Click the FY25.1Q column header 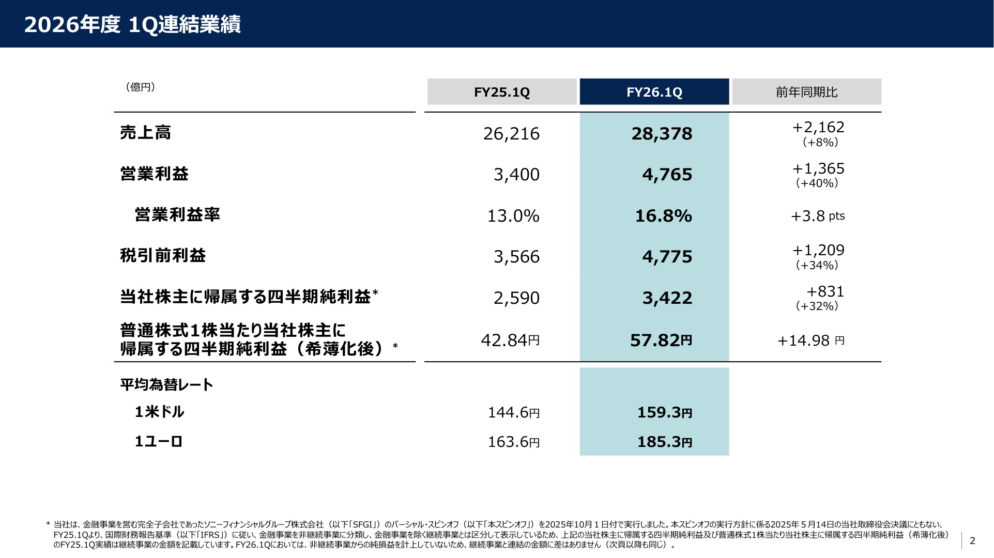pos(502,92)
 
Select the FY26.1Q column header pos(654,92)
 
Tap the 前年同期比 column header pos(806,92)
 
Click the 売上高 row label pos(145,133)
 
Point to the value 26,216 pos(511,134)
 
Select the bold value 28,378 pos(662,134)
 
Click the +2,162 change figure pos(818,127)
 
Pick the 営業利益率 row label pos(177,214)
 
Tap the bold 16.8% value pos(663,216)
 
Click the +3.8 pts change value pos(818,216)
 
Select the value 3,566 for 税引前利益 pos(516,257)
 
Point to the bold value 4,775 pos(667,257)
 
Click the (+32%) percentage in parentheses pos(817,306)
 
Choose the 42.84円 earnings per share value pos(510,340)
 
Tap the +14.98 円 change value pos(811,340)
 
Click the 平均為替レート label pos(166,384)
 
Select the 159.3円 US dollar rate pos(664,412)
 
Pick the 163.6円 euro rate pos(514,442)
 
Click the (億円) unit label pos(140,87)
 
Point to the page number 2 pos(972,540)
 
